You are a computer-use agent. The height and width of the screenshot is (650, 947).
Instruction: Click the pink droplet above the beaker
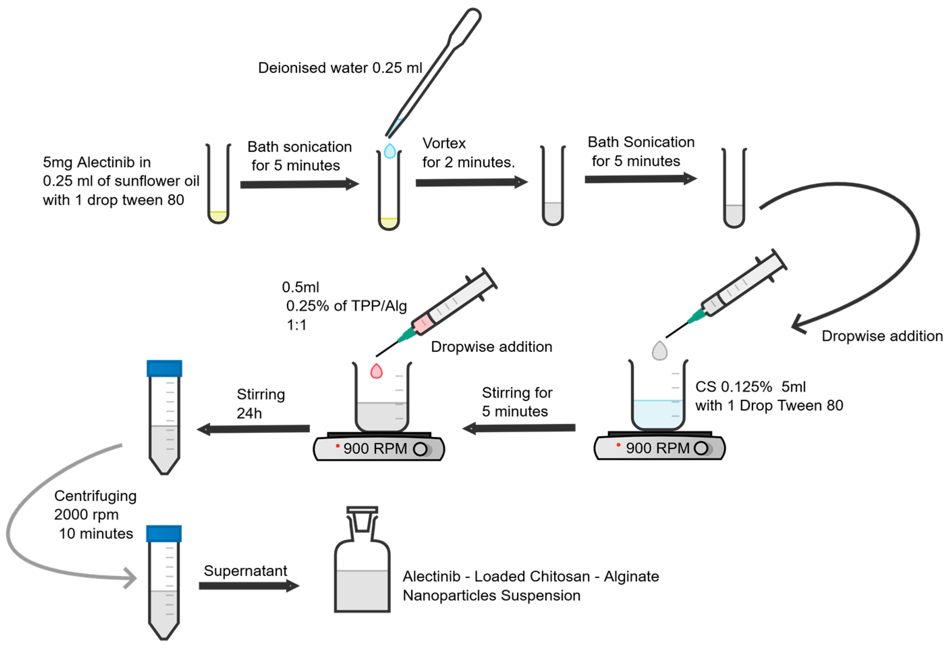376,372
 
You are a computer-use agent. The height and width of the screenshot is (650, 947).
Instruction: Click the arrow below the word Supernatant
249,586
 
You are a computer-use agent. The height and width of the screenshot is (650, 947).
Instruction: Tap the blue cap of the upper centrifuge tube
164,368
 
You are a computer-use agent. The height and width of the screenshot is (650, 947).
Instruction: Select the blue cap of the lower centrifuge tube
164,534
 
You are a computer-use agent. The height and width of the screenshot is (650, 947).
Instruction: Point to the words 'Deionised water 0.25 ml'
340,68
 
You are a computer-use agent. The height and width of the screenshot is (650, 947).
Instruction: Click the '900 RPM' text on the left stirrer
375,449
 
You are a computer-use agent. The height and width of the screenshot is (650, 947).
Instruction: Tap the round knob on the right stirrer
701,448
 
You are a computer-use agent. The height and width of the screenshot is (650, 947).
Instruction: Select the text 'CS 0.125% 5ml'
750,386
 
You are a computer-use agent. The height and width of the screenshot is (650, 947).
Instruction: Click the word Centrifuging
95,496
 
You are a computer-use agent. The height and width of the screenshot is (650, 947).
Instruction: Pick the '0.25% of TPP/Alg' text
346,306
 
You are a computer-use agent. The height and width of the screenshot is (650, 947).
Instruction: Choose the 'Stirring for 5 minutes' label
516,402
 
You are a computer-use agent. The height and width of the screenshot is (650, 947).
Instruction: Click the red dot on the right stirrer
619,445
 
